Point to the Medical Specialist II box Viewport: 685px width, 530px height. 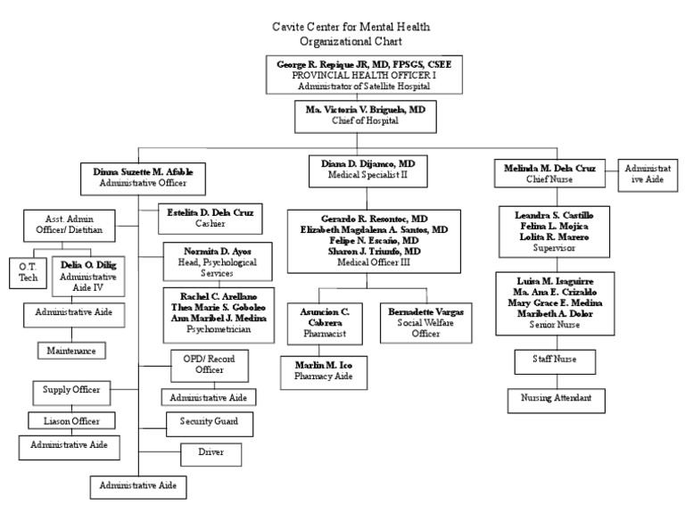pos(368,170)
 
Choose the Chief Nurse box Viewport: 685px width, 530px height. pos(549,172)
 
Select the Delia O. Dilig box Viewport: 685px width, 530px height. pos(88,277)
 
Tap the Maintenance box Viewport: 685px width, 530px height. pos(71,351)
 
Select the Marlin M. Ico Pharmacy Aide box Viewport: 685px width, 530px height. pos(323,371)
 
